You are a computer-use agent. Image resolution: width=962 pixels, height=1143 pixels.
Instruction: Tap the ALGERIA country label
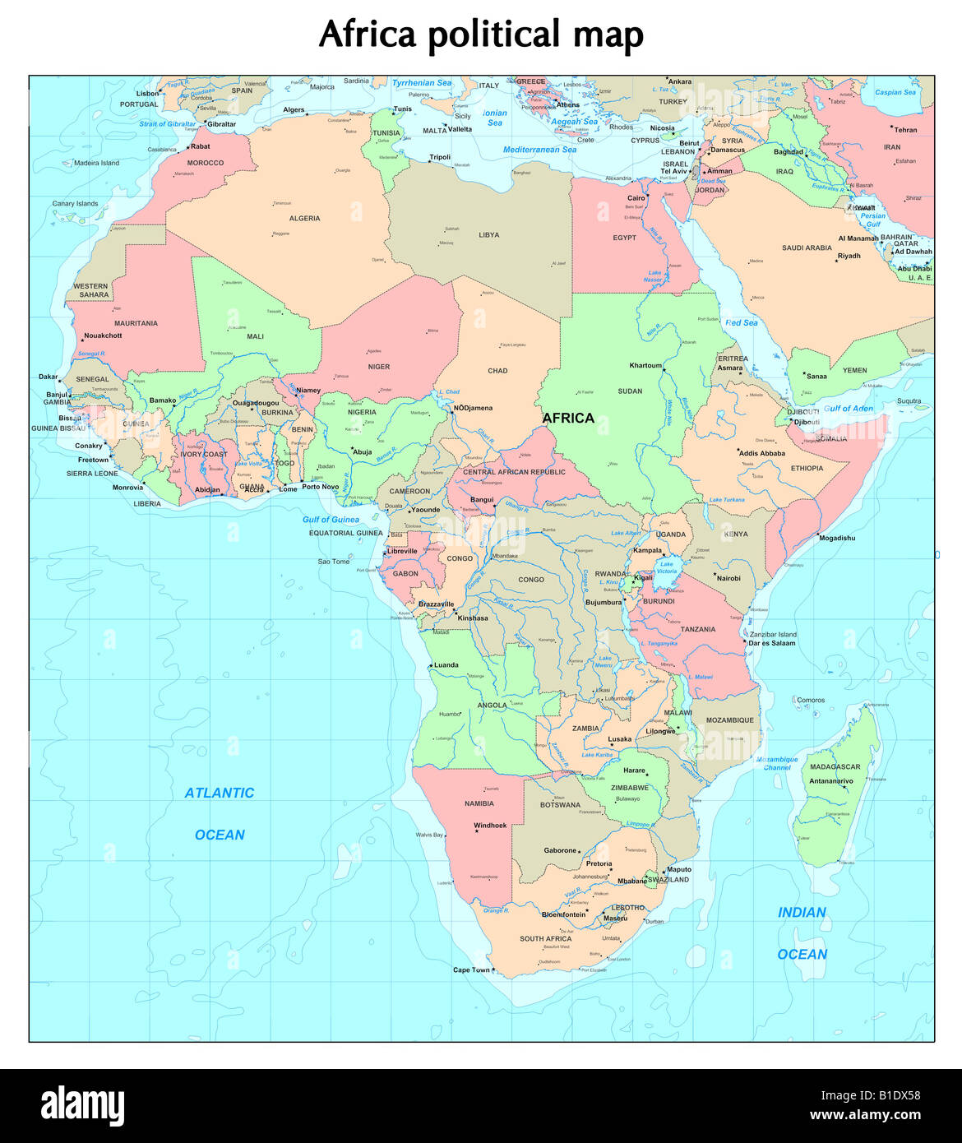click(x=304, y=219)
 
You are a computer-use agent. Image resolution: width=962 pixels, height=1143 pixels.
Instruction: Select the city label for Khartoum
click(x=645, y=365)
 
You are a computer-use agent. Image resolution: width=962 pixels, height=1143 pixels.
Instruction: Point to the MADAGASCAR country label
click(x=835, y=766)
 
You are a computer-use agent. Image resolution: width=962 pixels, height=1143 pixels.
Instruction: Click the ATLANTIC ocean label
click(x=219, y=793)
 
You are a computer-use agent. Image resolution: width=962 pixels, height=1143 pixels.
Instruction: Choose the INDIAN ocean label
click(x=802, y=912)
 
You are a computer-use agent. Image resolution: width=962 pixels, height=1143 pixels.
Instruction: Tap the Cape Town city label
click(x=471, y=970)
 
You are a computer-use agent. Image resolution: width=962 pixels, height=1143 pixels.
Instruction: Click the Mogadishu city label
click(x=836, y=538)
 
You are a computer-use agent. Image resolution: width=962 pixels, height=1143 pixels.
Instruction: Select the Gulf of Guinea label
click(x=331, y=520)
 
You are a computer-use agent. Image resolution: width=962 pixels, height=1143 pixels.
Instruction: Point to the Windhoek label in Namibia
click(x=490, y=825)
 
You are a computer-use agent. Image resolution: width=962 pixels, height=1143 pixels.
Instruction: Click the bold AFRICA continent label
click(x=568, y=418)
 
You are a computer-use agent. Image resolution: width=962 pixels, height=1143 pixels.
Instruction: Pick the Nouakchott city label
click(x=103, y=335)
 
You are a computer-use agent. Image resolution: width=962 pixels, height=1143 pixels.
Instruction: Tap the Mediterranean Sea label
click(x=539, y=150)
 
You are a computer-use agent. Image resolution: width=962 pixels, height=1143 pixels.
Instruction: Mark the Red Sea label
click(x=742, y=323)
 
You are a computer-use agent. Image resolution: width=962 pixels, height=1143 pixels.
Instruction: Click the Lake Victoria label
click(x=666, y=567)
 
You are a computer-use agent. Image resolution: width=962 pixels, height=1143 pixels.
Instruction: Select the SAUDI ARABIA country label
click(x=807, y=248)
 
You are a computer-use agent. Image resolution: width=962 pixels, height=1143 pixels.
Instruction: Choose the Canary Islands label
click(x=75, y=203)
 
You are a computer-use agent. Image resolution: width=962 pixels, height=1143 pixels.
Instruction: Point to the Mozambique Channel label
click(x=777, y=763)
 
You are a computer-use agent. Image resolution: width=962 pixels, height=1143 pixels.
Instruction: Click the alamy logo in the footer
click(x=82, y=1106)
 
